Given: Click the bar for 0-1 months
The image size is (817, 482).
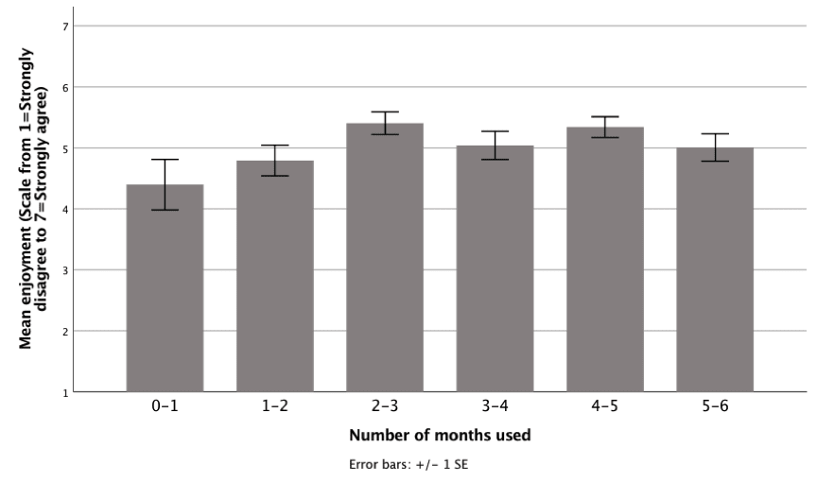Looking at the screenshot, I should pos(165,288).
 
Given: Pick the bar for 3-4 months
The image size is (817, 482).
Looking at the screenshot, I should pos(495,268).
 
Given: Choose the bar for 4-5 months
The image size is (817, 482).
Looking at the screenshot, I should pos(605,259).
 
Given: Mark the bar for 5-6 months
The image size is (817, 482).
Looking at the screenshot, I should pos(715,269).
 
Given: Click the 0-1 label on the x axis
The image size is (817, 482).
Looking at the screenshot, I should pos(165,407).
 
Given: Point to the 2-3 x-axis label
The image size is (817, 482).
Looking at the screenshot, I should pos(385,407).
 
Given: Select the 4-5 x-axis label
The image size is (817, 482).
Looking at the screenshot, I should pos(605,407).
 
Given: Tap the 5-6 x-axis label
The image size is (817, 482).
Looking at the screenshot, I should pos(715,407).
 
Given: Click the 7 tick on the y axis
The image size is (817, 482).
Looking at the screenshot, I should pos(64,26).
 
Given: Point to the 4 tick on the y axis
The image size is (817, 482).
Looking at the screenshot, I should pos(64,209).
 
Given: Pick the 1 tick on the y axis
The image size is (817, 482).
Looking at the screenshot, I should pos(64,391).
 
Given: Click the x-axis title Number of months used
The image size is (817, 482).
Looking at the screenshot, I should pos(440,436).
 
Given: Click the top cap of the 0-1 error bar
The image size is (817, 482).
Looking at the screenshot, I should pos(165,160).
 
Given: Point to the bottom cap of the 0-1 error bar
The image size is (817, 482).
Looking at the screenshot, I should pos(165,210).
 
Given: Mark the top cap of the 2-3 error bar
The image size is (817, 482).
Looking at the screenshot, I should pos(385,112).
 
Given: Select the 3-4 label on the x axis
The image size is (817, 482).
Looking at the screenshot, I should pos(495,407).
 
